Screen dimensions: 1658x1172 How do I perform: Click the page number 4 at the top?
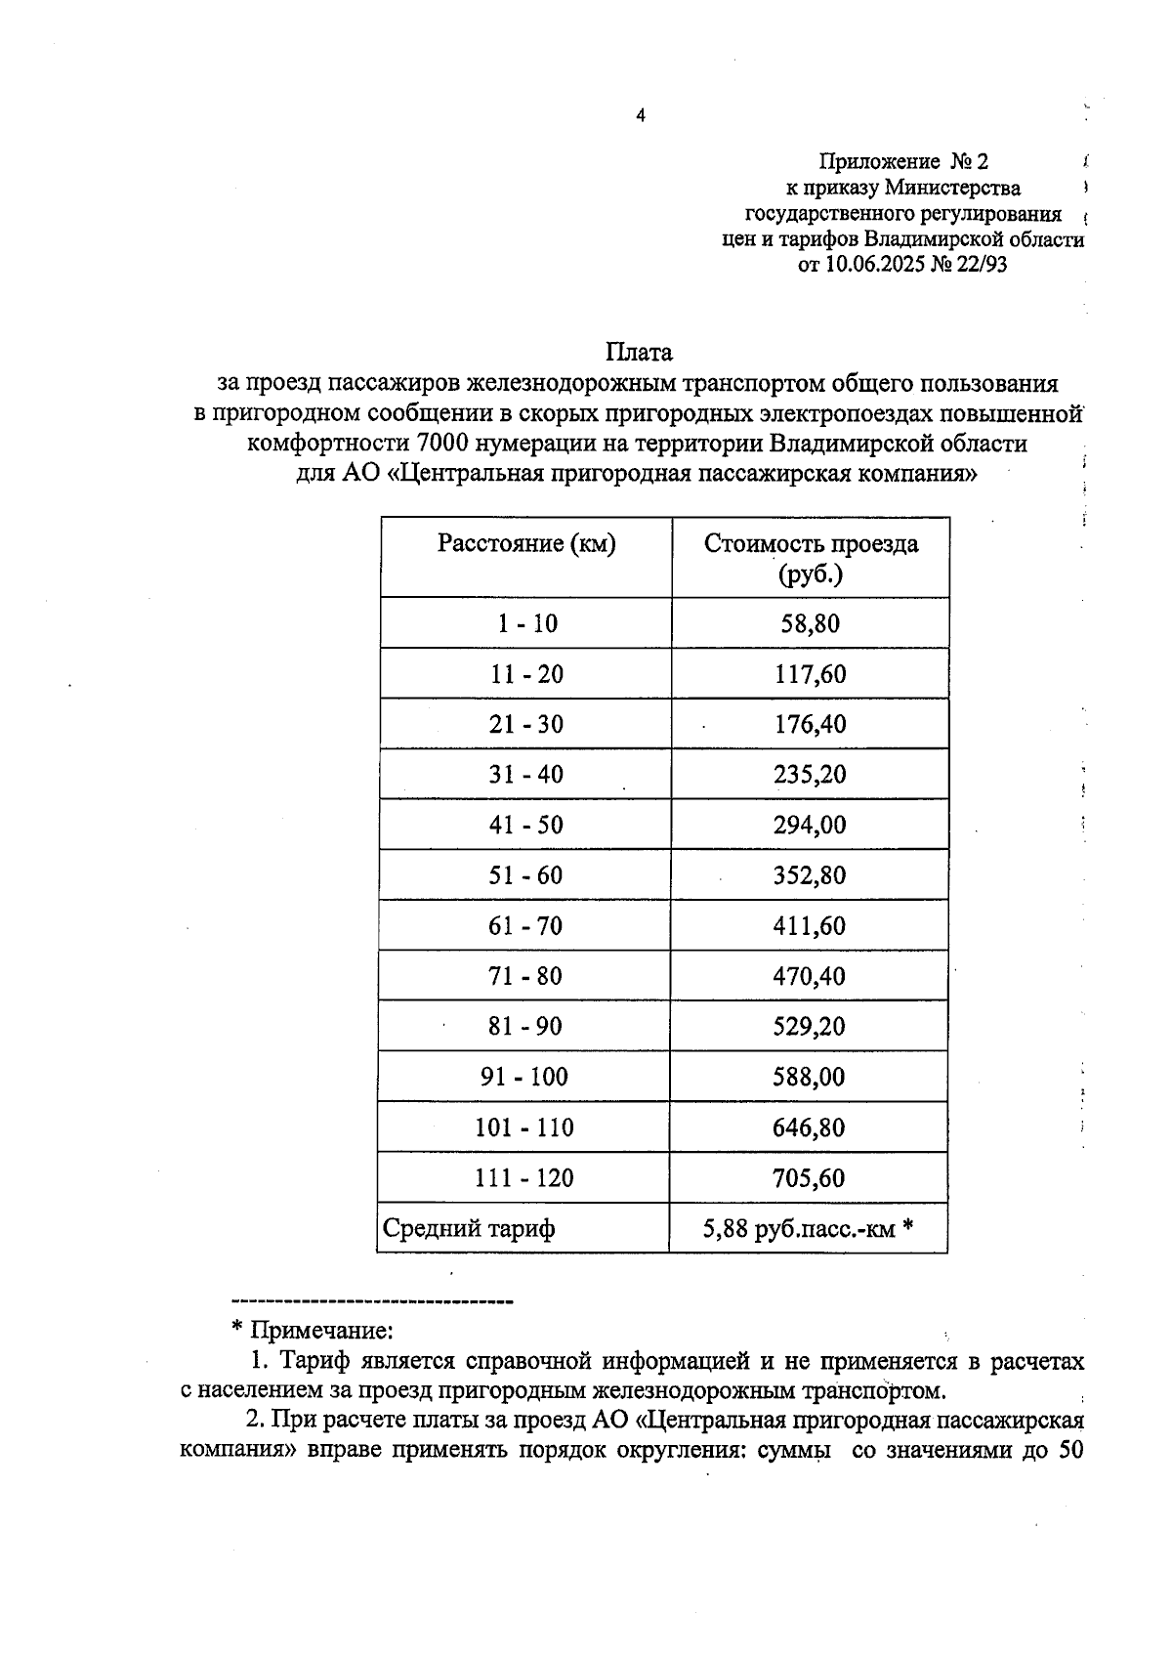tap(641, 116)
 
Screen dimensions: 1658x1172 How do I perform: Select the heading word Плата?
tap(639, 352)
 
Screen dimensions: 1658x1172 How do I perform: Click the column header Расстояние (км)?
tap(526, 544)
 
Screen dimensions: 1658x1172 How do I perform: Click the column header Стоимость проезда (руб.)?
tap(811, 558)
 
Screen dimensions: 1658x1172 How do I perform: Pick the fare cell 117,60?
tap(811, 674)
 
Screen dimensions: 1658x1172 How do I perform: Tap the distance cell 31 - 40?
tap(526, 775)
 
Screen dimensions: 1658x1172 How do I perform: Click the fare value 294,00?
tap(811, 826)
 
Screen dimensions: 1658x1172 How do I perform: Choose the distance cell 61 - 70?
tap(526, 926)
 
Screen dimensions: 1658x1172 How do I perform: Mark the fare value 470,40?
tap(810, 976)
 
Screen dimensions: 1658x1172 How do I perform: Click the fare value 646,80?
tap(810, 1127)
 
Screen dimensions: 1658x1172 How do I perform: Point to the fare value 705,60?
tap(810, 1178)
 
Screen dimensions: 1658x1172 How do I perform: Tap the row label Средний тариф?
tap(469, 1229)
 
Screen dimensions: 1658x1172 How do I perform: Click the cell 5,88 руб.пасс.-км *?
tap(808, 1229)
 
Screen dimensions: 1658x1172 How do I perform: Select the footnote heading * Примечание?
tap(312, 1331)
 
